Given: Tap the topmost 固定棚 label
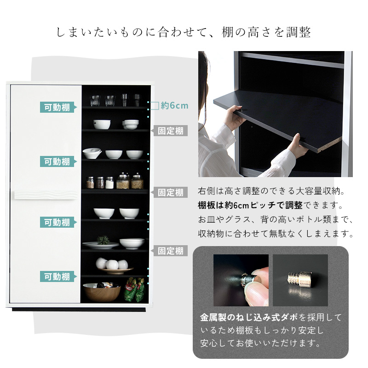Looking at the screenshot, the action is point(169,131).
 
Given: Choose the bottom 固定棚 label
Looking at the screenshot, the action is point(169,251).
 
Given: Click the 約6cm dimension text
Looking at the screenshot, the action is point(175,106).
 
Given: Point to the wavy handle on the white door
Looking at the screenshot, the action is point(46,195).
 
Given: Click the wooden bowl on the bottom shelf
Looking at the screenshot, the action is point(102,292).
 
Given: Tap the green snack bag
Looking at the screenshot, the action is point(134,289).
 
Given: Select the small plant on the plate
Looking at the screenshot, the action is point(103,240).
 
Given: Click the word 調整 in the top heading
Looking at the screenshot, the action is point(299,32).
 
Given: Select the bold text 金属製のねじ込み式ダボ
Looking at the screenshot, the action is point(249,317).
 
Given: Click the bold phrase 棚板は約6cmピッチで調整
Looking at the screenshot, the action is point(250,205).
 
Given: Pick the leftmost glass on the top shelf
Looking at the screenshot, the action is point(95,100).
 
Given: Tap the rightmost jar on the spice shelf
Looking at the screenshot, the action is point(137,181).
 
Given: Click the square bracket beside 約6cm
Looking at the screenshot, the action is point(155,106).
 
